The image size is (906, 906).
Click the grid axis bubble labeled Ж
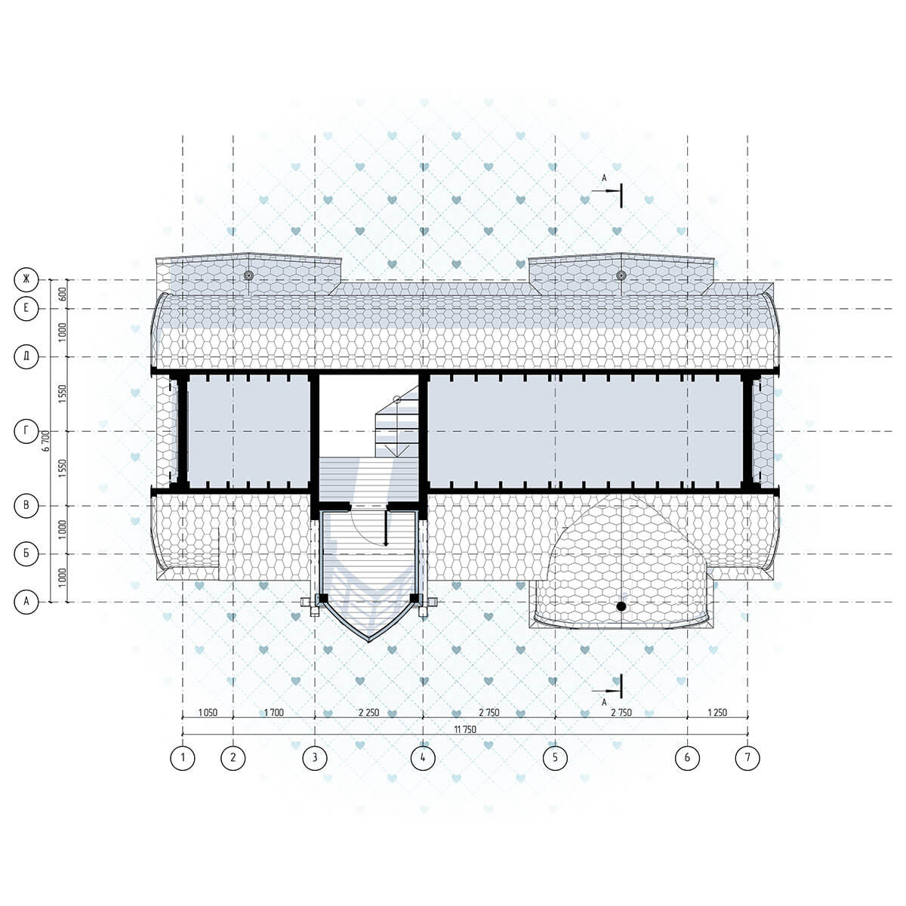(26, 280)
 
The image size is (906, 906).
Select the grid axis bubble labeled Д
(26, 357)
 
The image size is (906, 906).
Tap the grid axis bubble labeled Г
(26, 431)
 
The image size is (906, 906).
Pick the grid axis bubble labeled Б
(26, 554)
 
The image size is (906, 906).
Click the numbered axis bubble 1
(183, 757)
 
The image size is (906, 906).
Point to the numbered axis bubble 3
(315, 757)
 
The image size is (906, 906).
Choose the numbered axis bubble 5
(555, 757)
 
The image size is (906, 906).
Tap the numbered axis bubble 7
(747, 757)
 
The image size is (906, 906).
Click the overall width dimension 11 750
(465, 729)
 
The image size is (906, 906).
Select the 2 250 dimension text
(368, 712)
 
